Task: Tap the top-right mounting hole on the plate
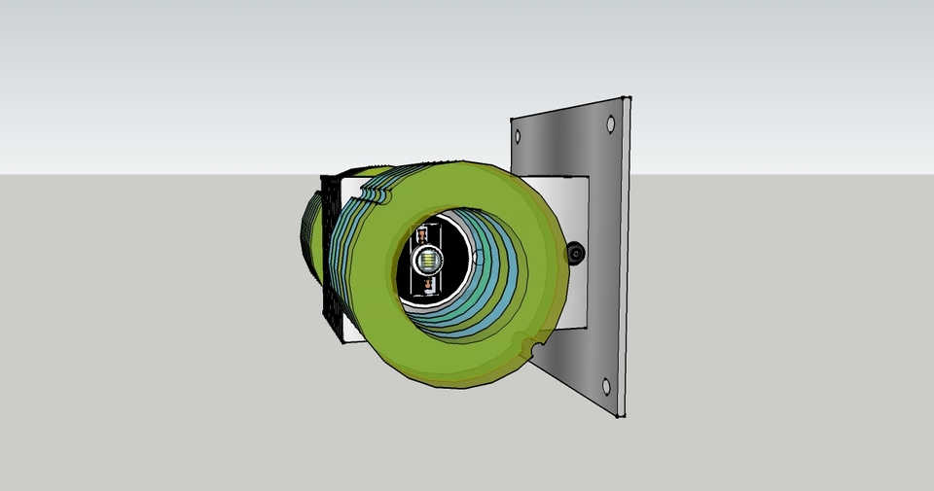pyautogui.click(x=610, y=123)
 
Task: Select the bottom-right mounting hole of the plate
pyautogui.click(x=607, y=386)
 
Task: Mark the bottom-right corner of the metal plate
pyautogui.click(x=622, y=418)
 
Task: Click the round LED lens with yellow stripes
pyautogui.click(x=427, y=261)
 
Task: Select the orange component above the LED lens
pyautogui.click(x=424, y=236)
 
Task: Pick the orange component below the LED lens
pyautogui.click(x=426, y=285)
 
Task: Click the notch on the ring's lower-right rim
pyautogui.click(x=531, y=346)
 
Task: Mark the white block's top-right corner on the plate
pyautogui.click(x=588, y=176)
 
